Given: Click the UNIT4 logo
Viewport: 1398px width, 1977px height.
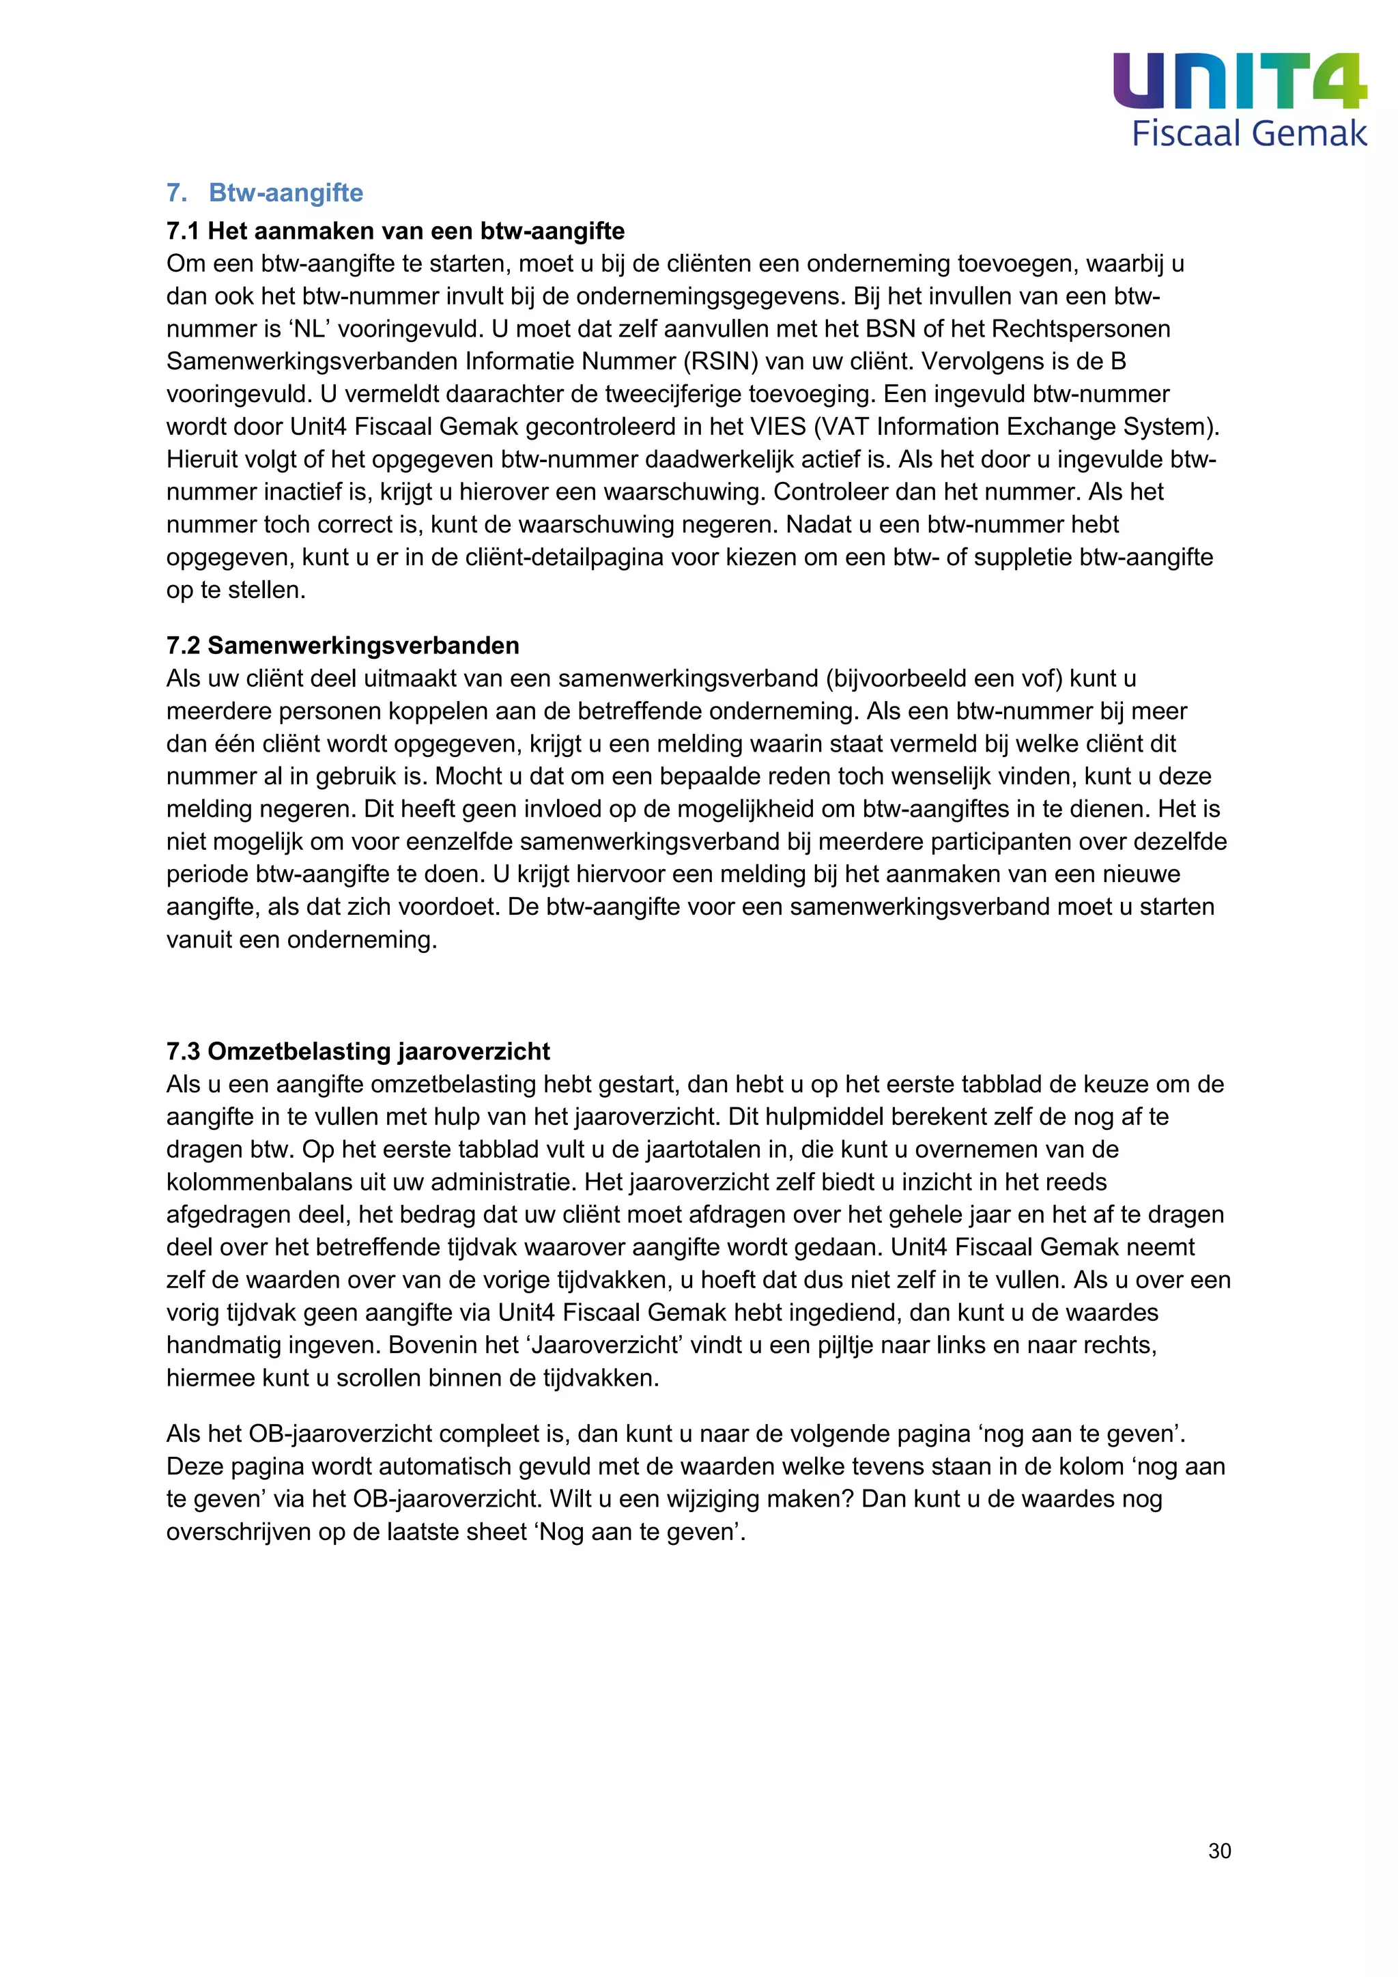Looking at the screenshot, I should tap(1239, 81).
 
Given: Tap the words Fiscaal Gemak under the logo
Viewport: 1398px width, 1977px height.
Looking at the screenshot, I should tap(1249, 134).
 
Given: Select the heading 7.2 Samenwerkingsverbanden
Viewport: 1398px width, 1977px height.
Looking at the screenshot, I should tap(343, 646).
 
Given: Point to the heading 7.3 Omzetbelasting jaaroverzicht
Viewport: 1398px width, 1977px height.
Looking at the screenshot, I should tap(358, 1051).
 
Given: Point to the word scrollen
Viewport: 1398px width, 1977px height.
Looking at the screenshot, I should tap(376, 1378).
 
